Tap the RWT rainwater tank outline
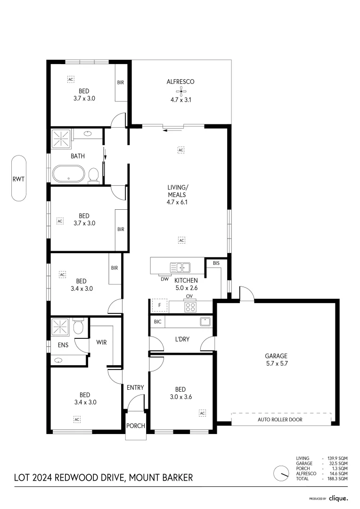pyautogui.click(x=19, y=179)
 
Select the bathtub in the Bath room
pyautogui.click(x=69, y=173)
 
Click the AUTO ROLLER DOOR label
pyautogui.click(x=280, y=419)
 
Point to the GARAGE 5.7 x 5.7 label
pyautogui.click(x=276, y=360)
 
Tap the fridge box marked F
pyautogui.click(x=160, y=305)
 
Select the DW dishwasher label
pyautogui.click(x=164, y=279)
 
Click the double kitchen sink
pyautogui.click(x=180, y=267)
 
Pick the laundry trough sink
pyautogui.click(x=205, y=322)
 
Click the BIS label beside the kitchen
pyautogui.click(x=216, y=263)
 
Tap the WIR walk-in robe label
pyautogui.click(x=102, y=342)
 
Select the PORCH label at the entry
pyautogui.click(x=136, y=426)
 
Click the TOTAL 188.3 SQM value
pyautogui.click(x=337, y=478)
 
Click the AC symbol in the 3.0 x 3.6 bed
pyautogui.click(x=202, y=413)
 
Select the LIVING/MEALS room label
pyautogui.click(x=177, y=195)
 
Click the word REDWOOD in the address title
pyautogui.click(x=75, y=477)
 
